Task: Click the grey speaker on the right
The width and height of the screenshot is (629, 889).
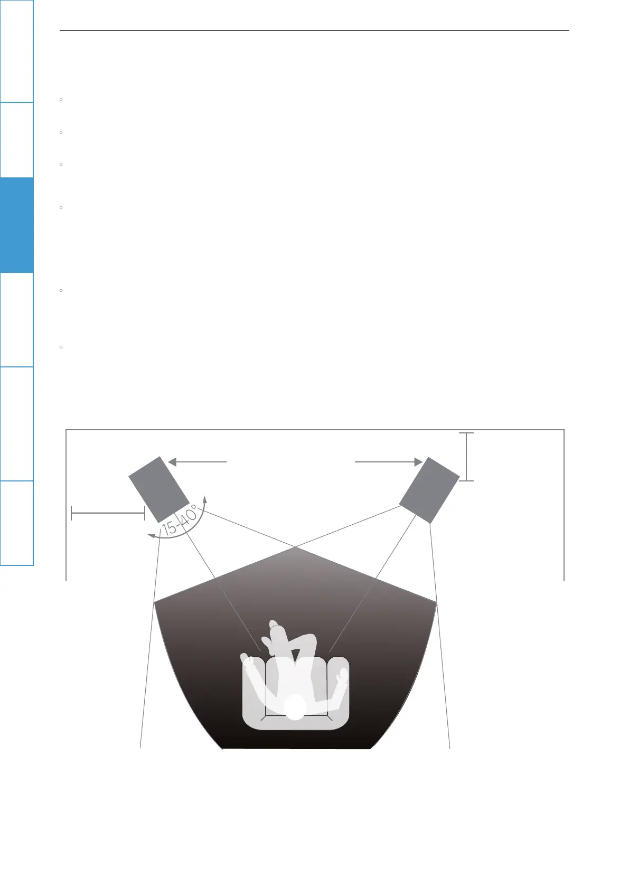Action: (x=429, y=489)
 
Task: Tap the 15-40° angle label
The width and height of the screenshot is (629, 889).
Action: (x=180, y=521)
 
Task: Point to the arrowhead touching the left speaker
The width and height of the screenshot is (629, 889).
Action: (x=172, y=462)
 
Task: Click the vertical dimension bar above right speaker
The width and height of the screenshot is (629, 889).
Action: (x=467, y=457)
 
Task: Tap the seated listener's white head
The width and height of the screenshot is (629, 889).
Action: (x=295, y=707)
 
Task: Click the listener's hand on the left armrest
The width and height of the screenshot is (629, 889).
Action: (x=246, y=659)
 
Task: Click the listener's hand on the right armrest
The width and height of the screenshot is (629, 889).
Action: (x=343, y=675)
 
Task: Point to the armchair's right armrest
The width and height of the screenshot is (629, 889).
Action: (x=339, y=692)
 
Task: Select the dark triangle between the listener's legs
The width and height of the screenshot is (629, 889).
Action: (x=295, y=655)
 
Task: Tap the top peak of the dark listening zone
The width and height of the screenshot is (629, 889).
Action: (x=297, y=548)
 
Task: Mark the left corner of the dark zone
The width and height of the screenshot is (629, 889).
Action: (x=155, y=601)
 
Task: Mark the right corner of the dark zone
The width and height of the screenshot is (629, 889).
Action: (x=437, y=601)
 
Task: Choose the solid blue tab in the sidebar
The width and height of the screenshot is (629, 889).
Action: (x=16, y=225)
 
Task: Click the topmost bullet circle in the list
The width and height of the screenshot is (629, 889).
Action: (x=62, y=99)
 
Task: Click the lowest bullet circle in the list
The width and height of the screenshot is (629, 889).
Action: (x=62, y=347)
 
